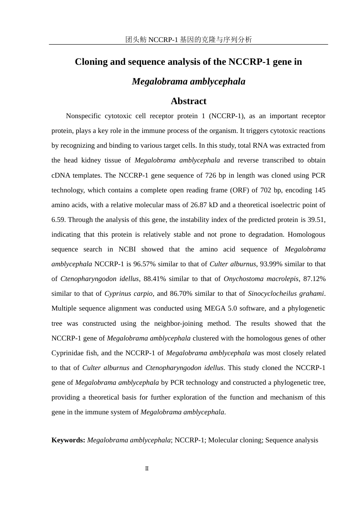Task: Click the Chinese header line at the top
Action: click(188, 39)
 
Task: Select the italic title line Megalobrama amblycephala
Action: click(188, 81)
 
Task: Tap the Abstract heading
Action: click(188, 101)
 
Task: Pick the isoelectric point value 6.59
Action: click(58, 220)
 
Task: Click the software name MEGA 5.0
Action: click(221, 308)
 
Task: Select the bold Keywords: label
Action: click(68, 440)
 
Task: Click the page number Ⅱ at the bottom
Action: click(147, 468)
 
